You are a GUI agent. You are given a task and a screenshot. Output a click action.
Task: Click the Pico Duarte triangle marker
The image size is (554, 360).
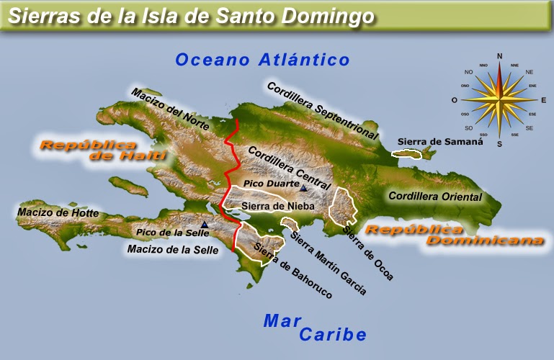(x=304, y=189)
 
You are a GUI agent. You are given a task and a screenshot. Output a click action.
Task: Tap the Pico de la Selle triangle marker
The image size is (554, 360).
(x=205, y=225)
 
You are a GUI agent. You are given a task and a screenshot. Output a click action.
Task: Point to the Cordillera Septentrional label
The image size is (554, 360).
(x=322, y=110)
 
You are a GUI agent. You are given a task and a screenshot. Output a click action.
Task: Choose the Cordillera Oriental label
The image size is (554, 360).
(x=434, y=196)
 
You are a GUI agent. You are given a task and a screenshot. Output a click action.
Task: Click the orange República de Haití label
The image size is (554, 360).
(x=103, y=150)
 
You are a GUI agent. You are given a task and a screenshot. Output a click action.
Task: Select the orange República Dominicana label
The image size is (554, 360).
(x=454, y=235)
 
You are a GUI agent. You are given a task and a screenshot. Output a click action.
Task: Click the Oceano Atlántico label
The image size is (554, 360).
(x=262, y=60)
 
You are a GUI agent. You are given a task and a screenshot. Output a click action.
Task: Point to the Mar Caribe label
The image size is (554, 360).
(x=315, y=328)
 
